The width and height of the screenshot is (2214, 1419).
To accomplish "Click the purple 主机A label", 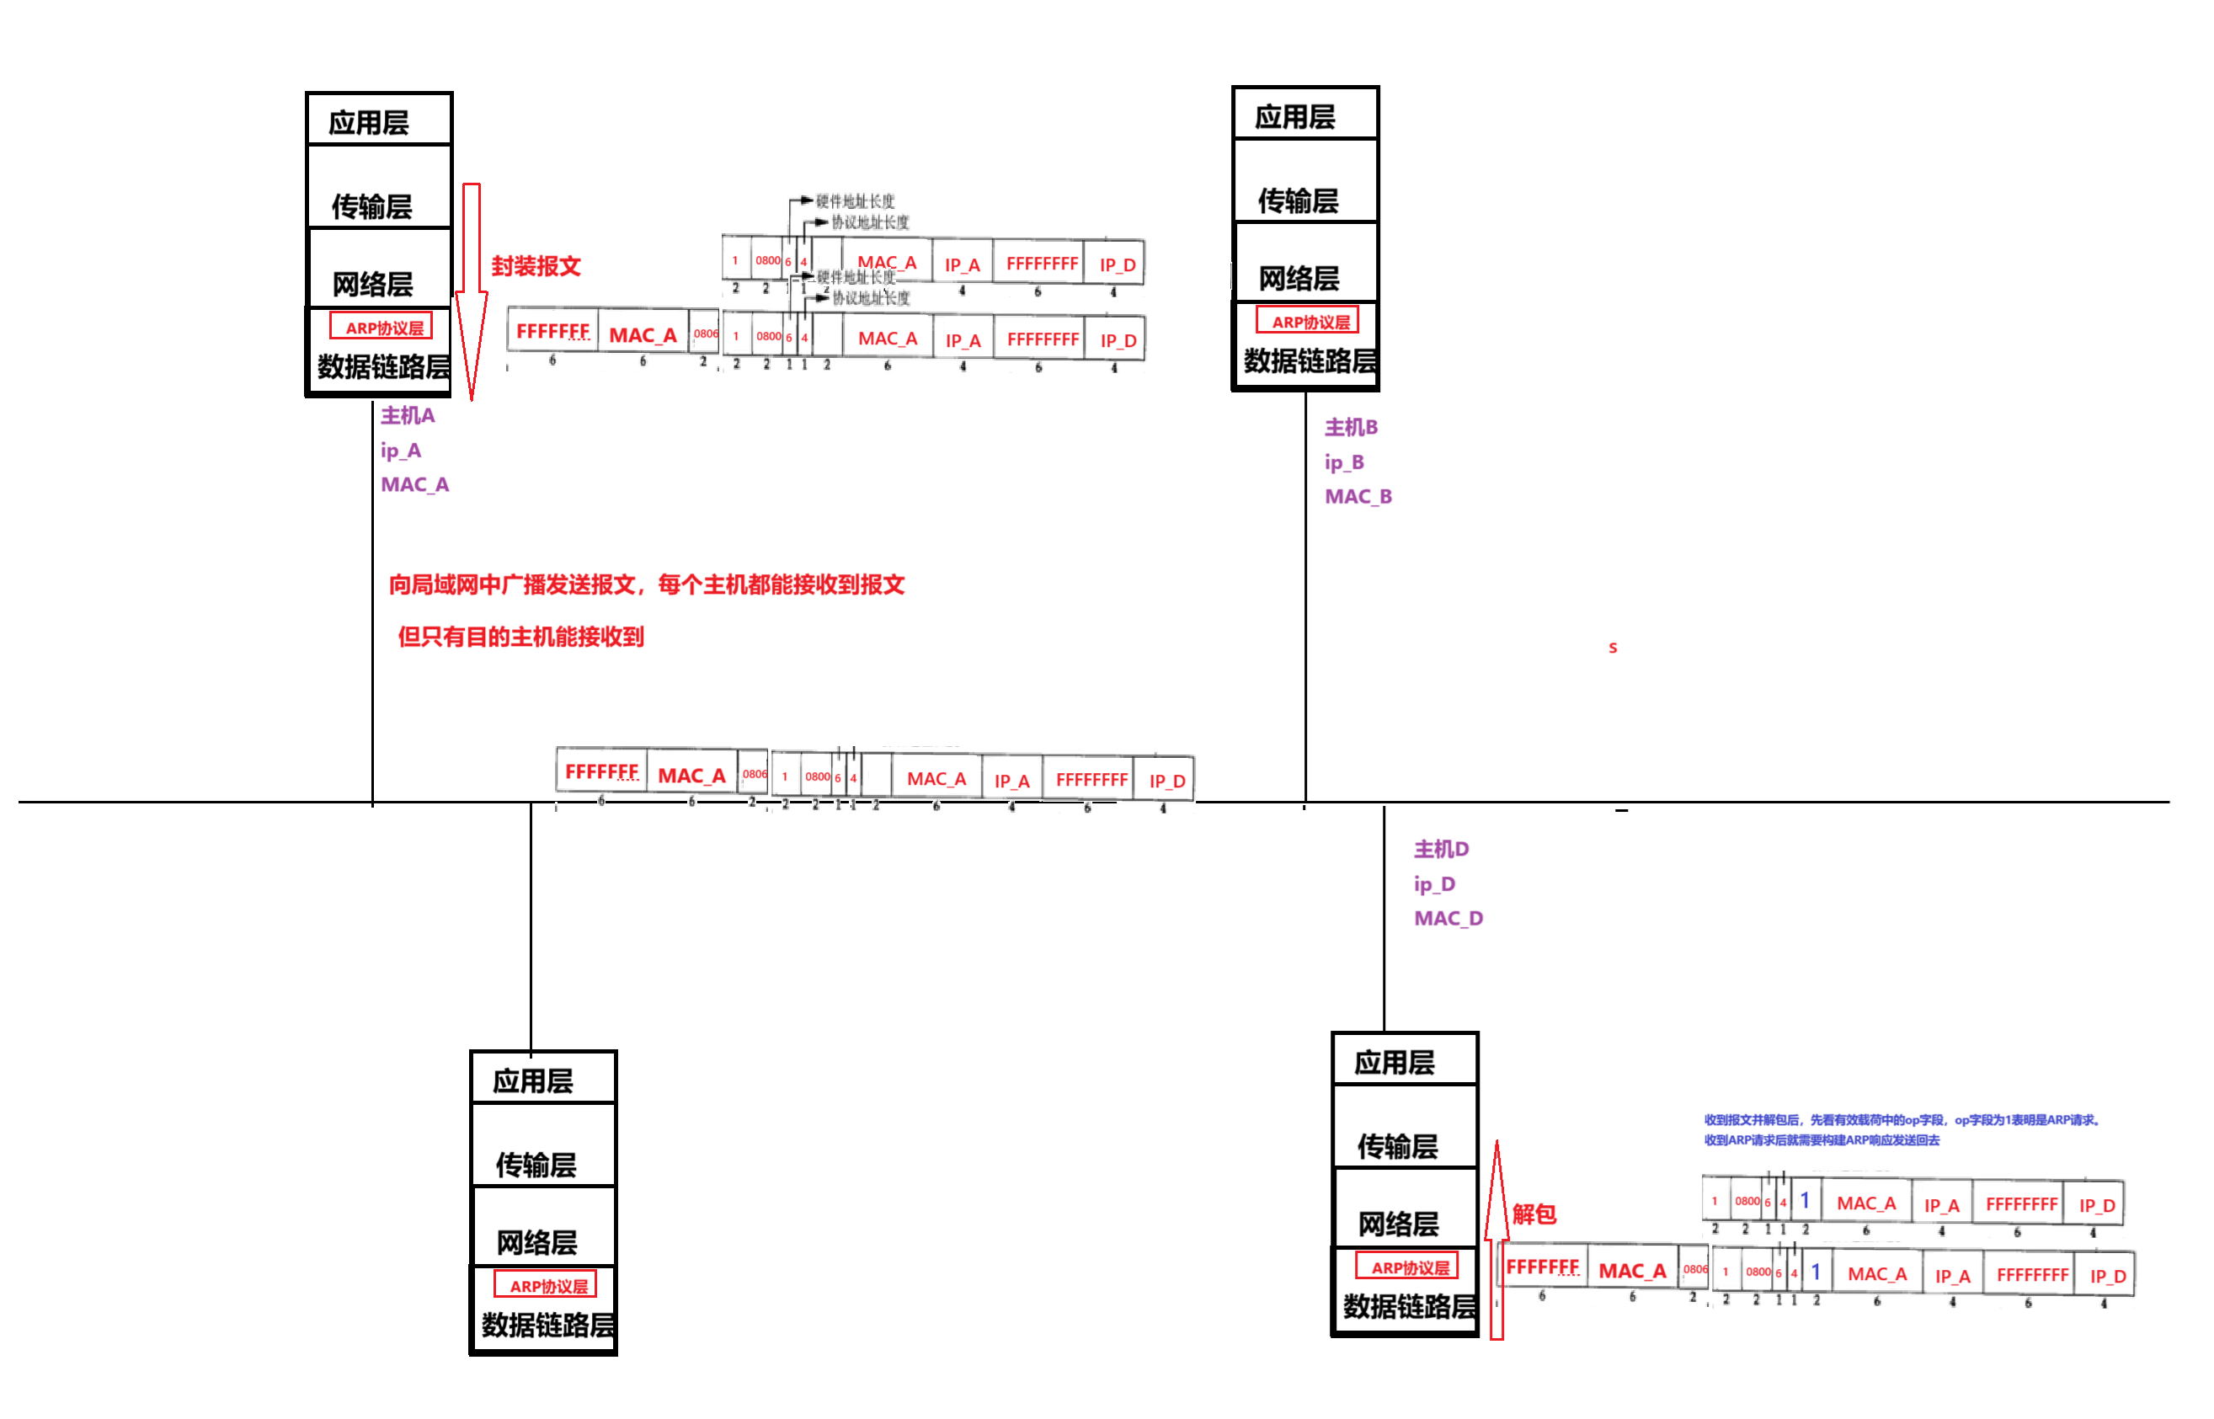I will (408, 415).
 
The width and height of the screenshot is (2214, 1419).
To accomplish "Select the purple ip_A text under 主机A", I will (402, 451).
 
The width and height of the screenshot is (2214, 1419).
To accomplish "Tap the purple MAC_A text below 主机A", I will (415, 485).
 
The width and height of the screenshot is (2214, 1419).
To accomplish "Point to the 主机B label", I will (1352, 428).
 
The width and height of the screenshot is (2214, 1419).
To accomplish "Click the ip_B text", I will (1345, 462).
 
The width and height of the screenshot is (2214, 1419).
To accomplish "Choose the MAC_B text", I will (1359, 497).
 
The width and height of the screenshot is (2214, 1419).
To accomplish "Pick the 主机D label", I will (1442, 849).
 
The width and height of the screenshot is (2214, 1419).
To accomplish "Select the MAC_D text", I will (1449, 919).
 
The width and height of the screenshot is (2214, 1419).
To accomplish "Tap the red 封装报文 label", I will (536, 267).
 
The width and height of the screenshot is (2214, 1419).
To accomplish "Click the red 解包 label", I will (1535, 1214).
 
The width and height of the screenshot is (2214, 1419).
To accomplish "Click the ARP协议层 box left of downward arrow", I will (381, 326).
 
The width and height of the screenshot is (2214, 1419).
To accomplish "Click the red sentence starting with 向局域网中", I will (647, 585).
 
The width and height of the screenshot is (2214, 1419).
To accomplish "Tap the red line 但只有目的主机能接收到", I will (520, 637).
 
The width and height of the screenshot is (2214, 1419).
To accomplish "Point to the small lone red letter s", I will (1614, 648).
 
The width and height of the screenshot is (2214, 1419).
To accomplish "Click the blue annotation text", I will (1900, 1129).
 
